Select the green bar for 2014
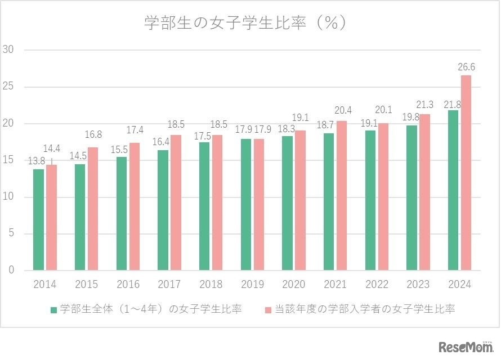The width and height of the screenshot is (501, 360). coord(38,219)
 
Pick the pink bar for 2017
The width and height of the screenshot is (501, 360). coord(176,202)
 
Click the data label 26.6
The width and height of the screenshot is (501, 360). coord(466,67)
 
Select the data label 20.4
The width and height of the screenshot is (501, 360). coord(343,110)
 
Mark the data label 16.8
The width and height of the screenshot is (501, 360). coord(93,134)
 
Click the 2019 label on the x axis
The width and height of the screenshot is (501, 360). coord(252,285)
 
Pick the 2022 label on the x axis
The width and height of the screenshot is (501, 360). coord(377,285)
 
